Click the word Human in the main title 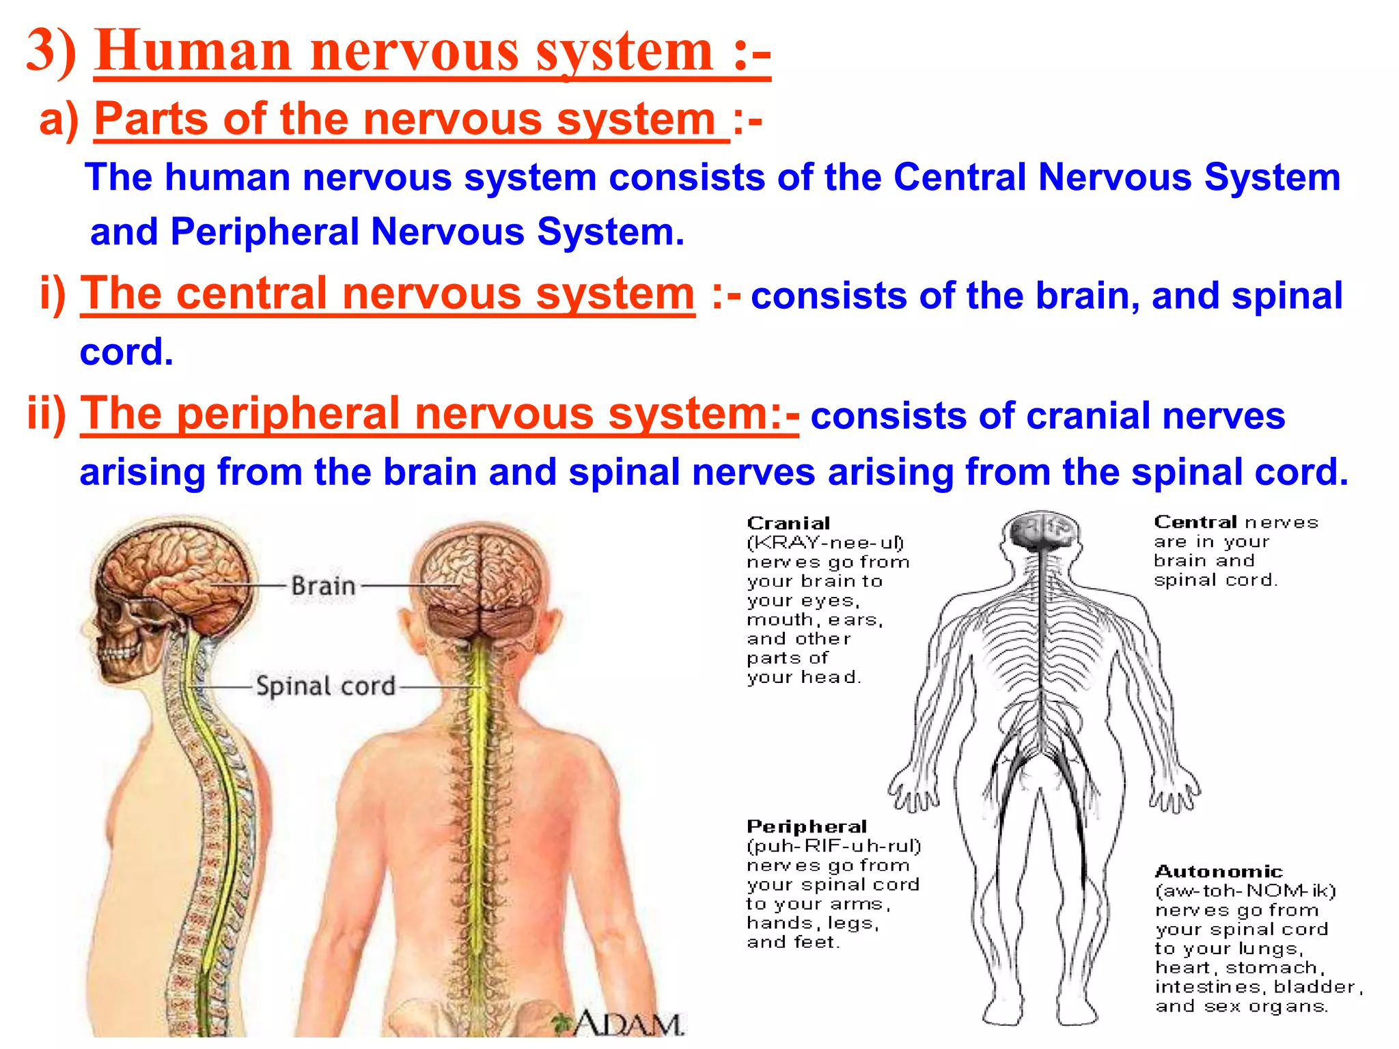[x=194, y=51]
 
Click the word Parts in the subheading [x=150, y=119]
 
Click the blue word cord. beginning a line [x=126, y=352]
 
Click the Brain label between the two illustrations [x=323, y=586]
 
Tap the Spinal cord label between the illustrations [x=326, y=686]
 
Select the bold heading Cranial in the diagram [x=788, y=524]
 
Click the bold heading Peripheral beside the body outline [x=807, y=827]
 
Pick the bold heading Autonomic [x=1219, y=872]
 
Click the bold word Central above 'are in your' [x=1195, y=522]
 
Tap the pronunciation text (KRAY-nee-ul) [x=825, y=543]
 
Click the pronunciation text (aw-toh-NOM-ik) [x=1245, y=891]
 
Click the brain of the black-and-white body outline [x=1040, y=530]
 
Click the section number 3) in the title [x=51, y=51]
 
